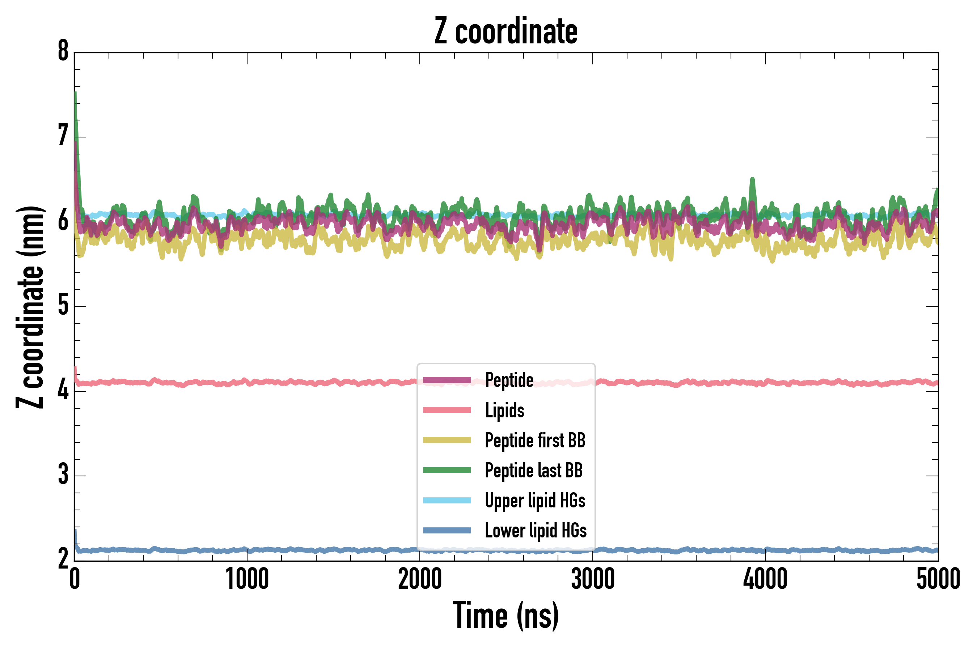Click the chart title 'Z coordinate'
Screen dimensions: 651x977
click(x=506, y=31)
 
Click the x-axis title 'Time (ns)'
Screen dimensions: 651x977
click(x=506, y=615)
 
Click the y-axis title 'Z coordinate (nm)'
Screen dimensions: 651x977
click(x=30, y=307)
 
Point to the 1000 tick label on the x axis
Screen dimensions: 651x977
click(x=247, y=579)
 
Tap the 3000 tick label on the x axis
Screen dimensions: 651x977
click(x=592, y=579)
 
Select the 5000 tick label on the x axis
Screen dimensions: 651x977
click(x=938, y=579)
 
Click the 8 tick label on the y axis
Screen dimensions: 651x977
click(x=63, y=51)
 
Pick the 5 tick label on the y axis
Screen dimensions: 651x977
click(x=63, y=306)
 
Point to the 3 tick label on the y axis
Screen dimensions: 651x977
click(x=63, y=475)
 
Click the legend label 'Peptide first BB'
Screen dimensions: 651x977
click(x=535, y=441)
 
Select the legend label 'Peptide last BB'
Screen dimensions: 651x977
click(x=534, y=471)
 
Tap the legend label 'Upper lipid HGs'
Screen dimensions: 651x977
click(x=535, y=500)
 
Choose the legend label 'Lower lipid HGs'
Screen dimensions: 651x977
click(x=536, y=531)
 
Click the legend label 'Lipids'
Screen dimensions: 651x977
click(x=505, y=410)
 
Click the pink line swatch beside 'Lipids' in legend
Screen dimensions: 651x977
click(x=447, y=410)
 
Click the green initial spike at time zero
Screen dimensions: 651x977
click(x=75, y=94)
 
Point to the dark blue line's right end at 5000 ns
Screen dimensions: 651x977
click(x=937, y=550)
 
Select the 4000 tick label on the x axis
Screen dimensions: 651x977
click(x=765, y=579)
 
